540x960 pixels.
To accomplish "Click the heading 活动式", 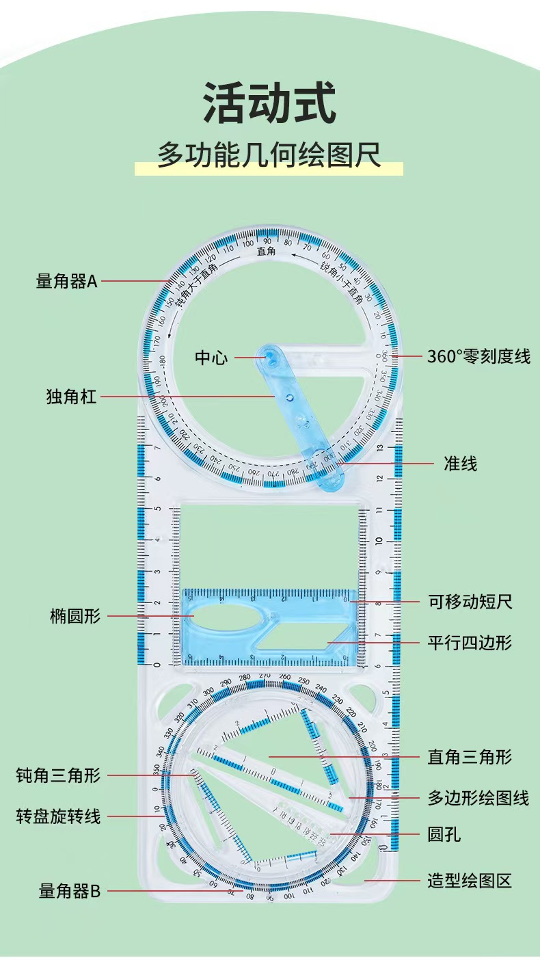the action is pyautogui.click(x=269, y=103).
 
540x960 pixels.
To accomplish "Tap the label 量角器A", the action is pyautogui.click(x=67, y=280).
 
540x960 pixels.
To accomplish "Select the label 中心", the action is pyautogui.click(x=211, y=357).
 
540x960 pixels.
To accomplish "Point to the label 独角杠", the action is pyautogui.click(x=71, y=396).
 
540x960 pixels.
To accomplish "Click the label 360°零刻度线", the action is pyautogui.click(x=478, y=356).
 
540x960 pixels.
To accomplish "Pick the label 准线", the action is pyautogui.click(x=460, y=464).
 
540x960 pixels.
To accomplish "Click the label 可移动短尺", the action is pyautogui.click(x=470, y=602).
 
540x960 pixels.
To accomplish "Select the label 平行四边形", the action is pyautogui.click(x=470, y=643).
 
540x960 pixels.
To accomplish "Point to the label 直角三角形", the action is pyautogui.click(x=470, y=757).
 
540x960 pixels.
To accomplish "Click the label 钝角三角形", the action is pyautogui.click(x=58, y=775).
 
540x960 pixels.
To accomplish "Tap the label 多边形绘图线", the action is pyautogui.click(x=478, y=797).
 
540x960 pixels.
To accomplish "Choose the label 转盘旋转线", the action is pyautogui.click(x=58, y=816).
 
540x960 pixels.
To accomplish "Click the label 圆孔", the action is pyautogui.click(x=444, y=834).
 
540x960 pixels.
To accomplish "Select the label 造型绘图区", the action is pyautogui.click(x=470, y=881).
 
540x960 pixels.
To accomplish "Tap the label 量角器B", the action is pyautogui.click(x=70, y=891).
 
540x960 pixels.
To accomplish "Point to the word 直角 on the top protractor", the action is pyautogui.click(x=266, y=252).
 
